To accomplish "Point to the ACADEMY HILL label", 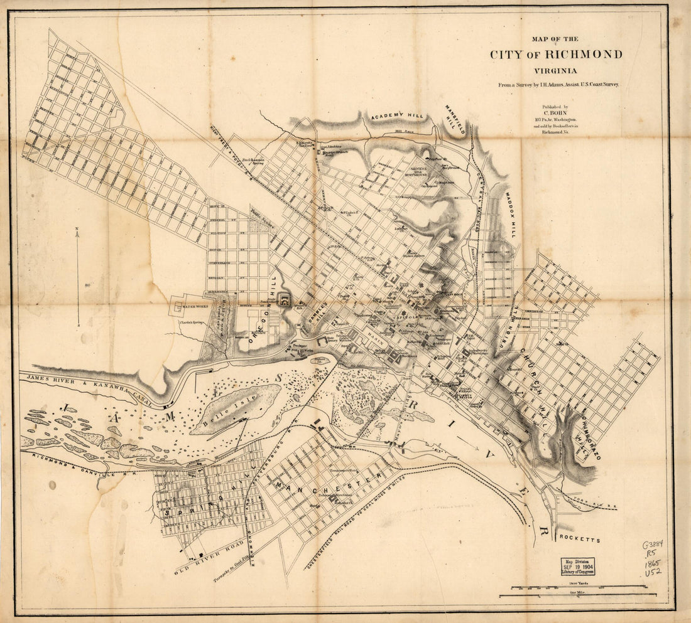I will point(398,117).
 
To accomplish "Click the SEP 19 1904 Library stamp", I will point(578,567).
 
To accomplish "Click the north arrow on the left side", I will point(78,276).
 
